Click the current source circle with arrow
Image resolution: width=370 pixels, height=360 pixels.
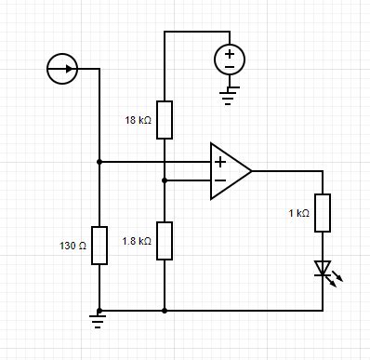point(61,69)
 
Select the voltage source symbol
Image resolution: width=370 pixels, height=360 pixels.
point(230,60)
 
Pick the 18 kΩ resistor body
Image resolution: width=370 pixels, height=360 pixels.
point(164,119)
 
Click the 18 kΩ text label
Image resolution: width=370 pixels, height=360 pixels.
point(138,120)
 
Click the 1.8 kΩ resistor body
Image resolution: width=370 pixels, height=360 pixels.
point(164,241)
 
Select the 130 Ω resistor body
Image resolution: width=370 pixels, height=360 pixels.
point(99,246)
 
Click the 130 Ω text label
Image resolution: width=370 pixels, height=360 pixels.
point(72,246)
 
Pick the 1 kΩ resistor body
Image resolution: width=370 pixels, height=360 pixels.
point(323,213)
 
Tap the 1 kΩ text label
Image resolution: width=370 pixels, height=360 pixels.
point(298,213)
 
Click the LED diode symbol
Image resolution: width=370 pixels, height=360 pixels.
point(324,269)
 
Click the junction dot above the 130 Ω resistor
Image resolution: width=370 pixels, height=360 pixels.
point(99,162)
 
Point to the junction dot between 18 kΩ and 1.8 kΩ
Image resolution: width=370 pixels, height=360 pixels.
point(164,180)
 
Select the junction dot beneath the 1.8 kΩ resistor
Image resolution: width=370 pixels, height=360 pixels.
point(164,310)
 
